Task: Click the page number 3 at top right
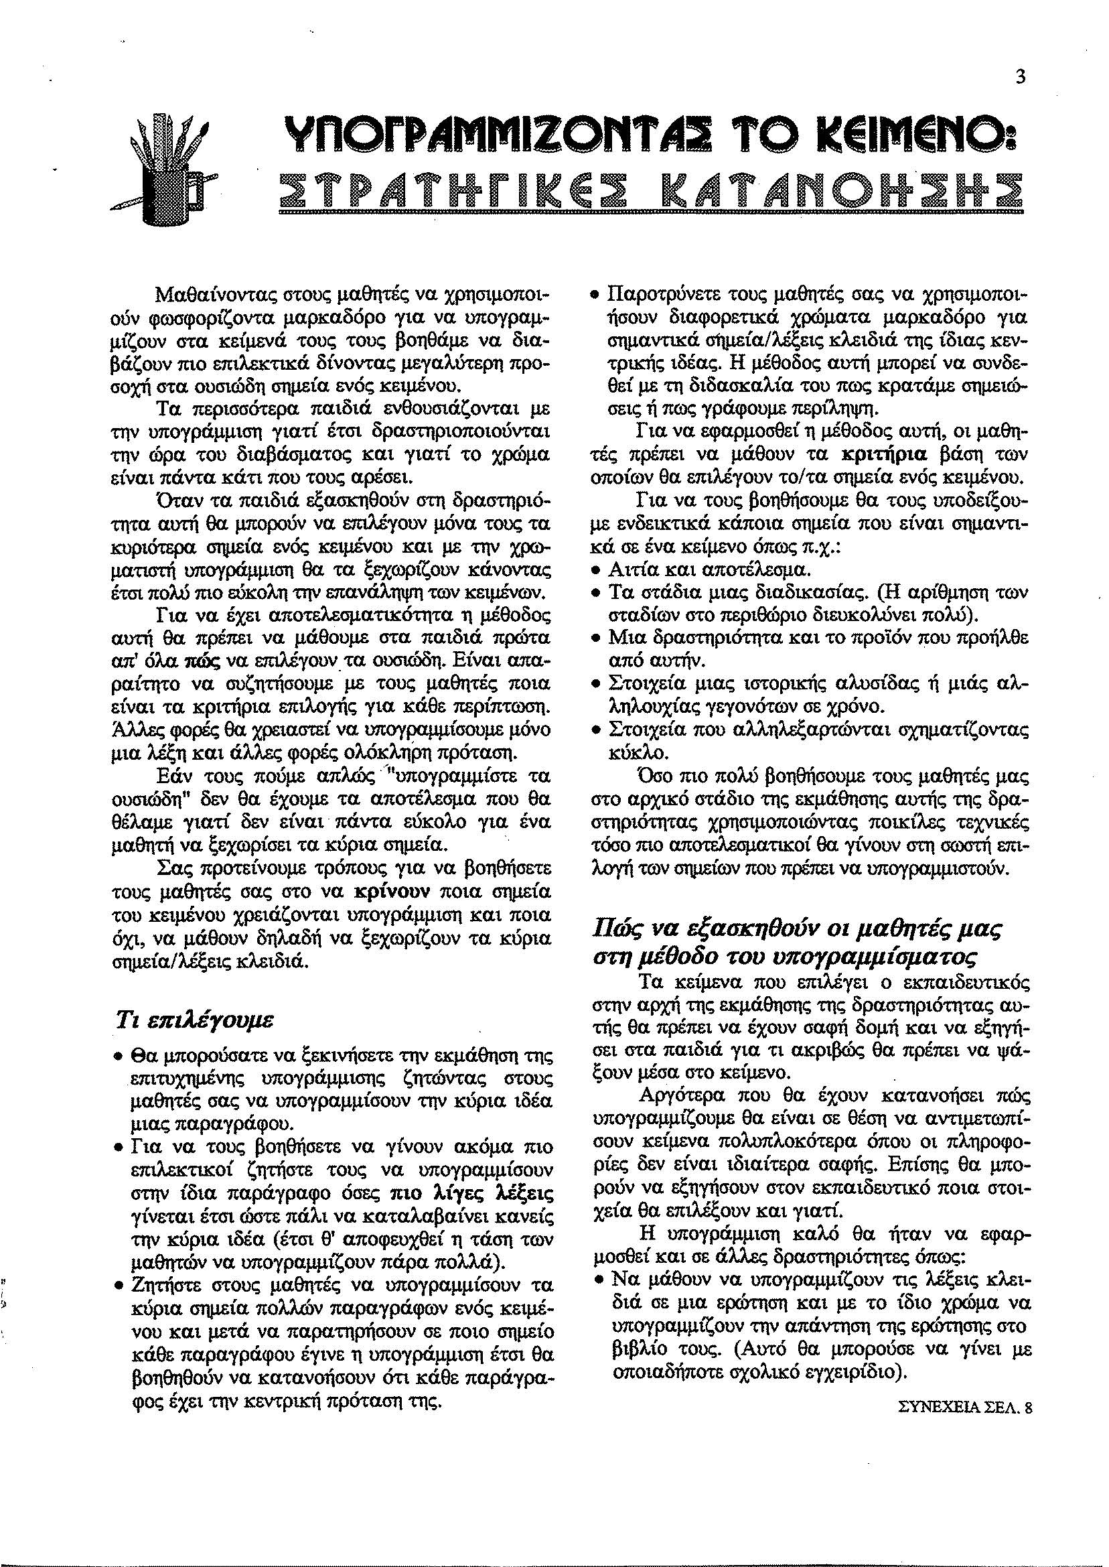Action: [1019, 78]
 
